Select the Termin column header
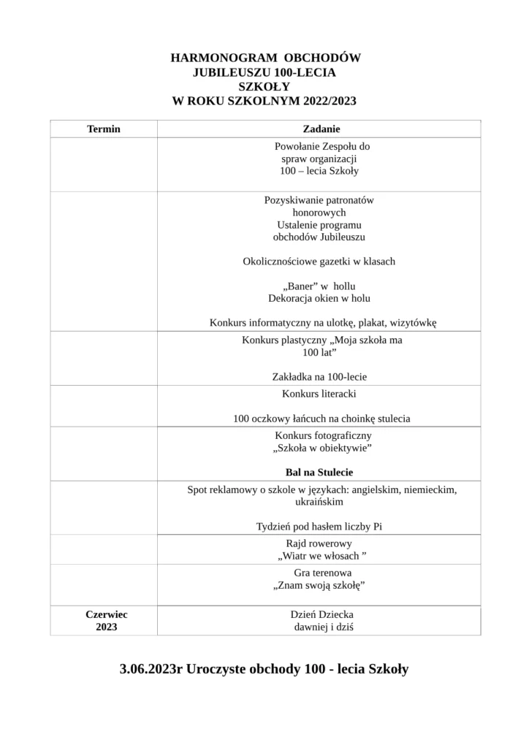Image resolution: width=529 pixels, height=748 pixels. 104,129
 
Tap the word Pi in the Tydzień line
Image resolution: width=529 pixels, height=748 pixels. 378,526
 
